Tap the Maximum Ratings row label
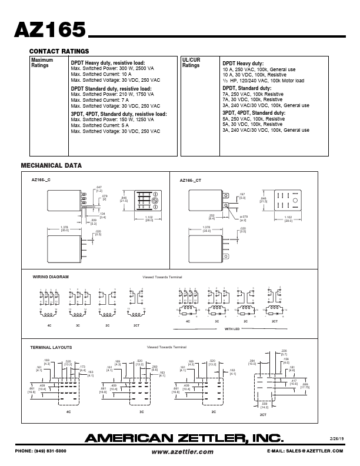pos(42,63)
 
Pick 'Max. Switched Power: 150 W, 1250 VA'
pos(112,119)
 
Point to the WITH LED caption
pos(232,328)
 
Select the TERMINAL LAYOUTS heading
pos(51,348)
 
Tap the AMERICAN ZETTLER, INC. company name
pos(184,438)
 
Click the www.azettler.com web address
pos(182,451)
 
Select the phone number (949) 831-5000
pos(42,451)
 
